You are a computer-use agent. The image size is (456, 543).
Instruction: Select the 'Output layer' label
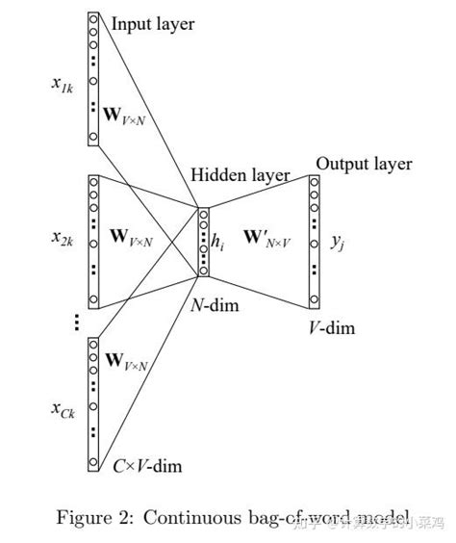click(364, 164)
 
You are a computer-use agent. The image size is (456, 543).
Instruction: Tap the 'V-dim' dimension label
click(331, 327)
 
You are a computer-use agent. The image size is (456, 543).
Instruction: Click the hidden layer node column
click(202, 241)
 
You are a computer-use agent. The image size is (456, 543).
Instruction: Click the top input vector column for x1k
click(93, 79)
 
